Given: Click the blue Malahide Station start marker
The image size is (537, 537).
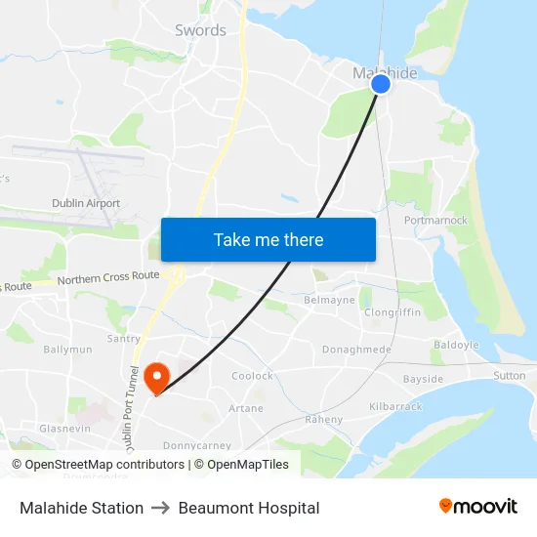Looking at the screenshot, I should point(381,84).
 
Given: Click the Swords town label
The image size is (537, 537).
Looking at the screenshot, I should point(200,30).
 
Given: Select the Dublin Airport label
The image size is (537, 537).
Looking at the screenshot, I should point(86,204).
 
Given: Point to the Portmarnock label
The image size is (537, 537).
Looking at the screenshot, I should point(435,221).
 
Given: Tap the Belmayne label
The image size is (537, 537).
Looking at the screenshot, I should point(330,301).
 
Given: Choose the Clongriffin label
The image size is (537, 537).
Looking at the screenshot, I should point(392,313).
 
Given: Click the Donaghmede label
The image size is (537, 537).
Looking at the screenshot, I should point(356,350).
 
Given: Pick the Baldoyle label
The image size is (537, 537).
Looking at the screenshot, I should point(457,346).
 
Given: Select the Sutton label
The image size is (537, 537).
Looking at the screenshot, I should point(509,375).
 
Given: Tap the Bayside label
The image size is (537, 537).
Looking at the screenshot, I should point(423,379).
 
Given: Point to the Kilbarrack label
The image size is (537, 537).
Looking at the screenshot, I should point(394,405).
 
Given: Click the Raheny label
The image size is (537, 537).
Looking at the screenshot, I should point(324,420).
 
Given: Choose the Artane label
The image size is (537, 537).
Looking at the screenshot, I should point(245,408).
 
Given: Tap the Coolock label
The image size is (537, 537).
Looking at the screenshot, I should point(252,376).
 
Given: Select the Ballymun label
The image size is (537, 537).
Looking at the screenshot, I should point(67,350).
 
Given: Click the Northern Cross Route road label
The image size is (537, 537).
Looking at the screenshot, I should point(107,278).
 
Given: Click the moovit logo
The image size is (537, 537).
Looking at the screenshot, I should point(477,507).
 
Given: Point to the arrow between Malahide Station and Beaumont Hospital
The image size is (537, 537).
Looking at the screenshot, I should point(162,508).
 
